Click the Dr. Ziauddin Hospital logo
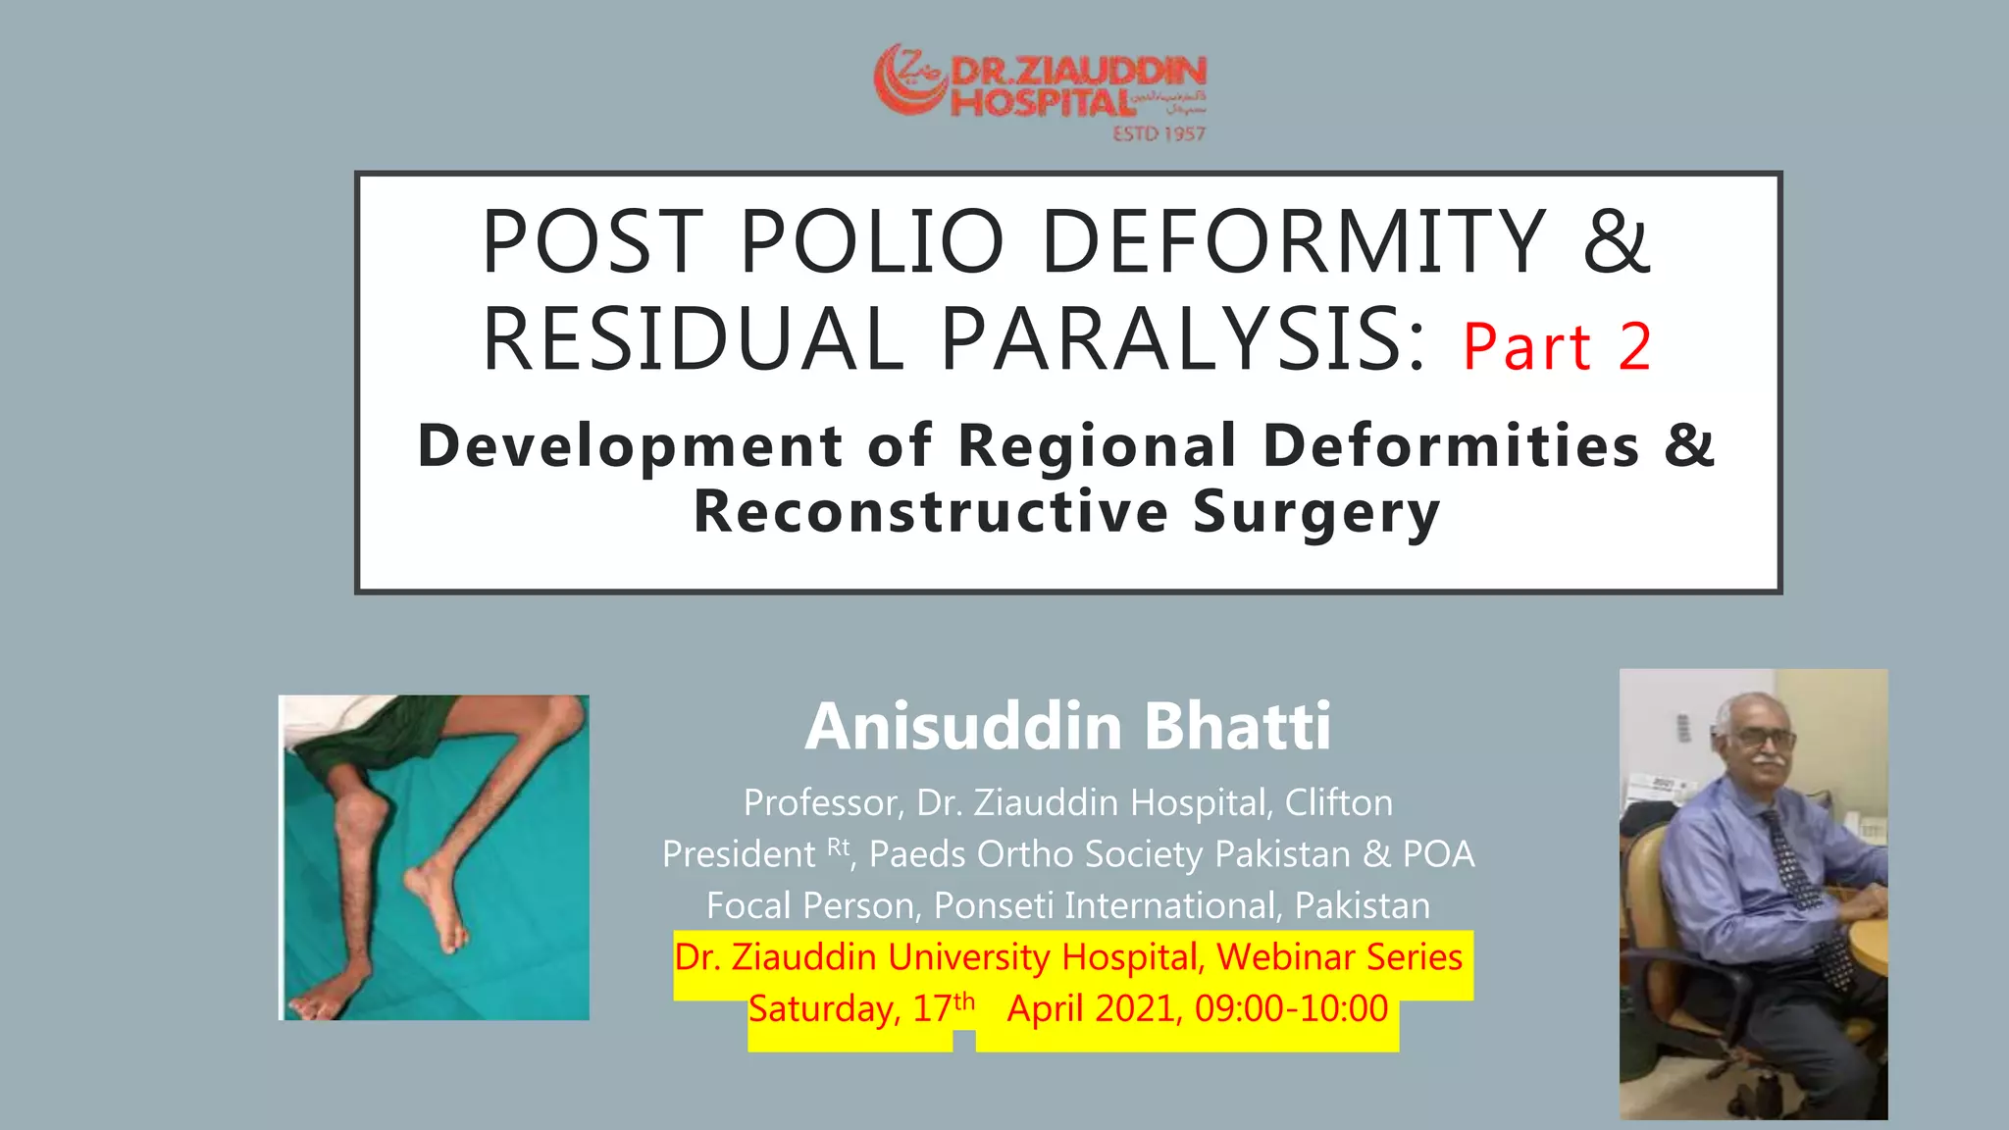(x=1040, y=88)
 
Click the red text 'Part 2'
(x=1557, y=347)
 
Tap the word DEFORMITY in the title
(x=1294, y=241)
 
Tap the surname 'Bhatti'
(x=1238, y=727)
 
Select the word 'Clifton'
(x=1338, y=803)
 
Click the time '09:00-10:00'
(x=1291, y=1008)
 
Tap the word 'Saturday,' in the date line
(x=824, y=1009)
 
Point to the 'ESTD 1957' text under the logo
(x=1159, y=133)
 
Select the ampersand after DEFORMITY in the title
(x=1617, y=241)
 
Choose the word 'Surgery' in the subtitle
(x=1316, y=512)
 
